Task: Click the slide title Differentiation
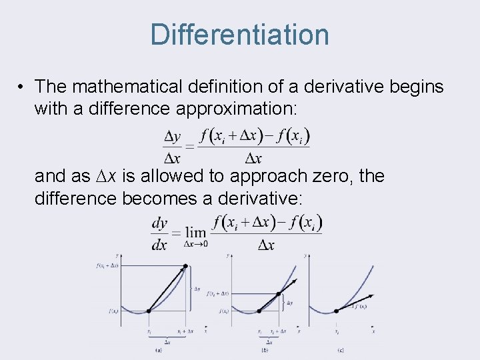click(x=239, y=35)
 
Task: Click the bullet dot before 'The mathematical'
click(x=22, y=87)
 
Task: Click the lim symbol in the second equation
click(x=196, y=232)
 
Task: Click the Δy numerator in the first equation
click(x=172, y=137)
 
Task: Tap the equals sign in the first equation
click(x=190, y=147)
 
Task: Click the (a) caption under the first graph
click(x=159, y=349)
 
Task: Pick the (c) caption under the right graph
click(x=341, y=349)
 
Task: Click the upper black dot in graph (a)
click(x=185, y=267)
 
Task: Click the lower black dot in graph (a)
click(x=149, y=311)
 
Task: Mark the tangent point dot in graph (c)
click(x=337, y=310)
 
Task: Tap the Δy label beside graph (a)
click(x=197, y=289)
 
